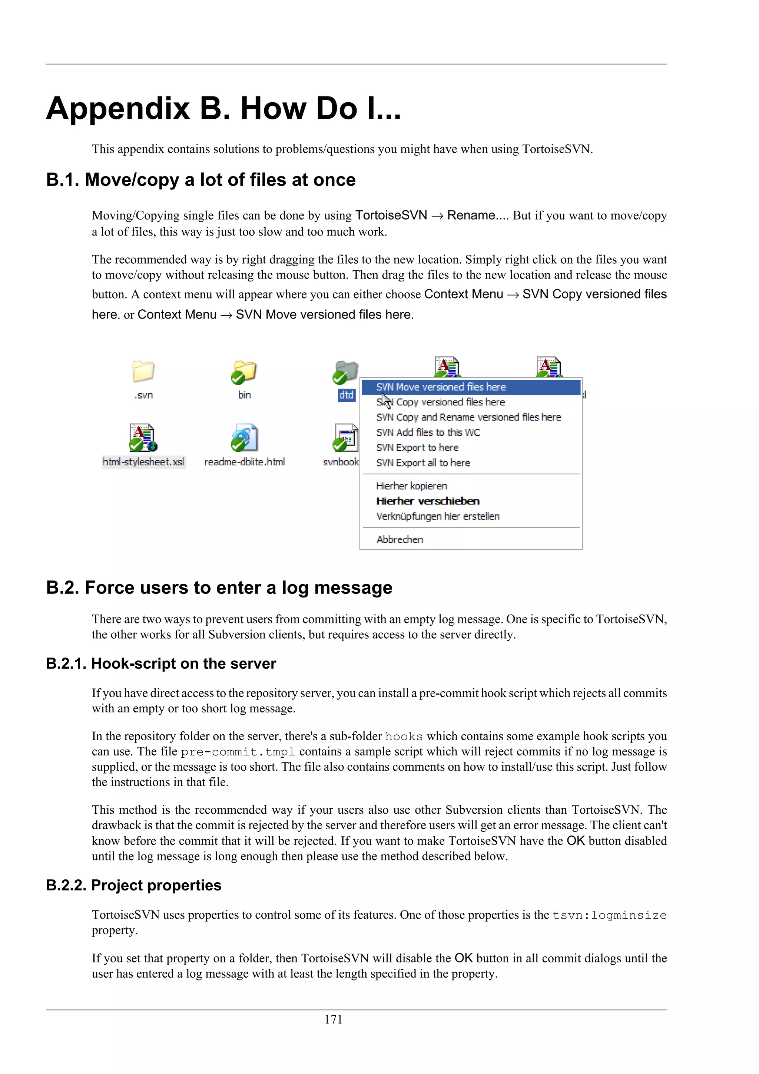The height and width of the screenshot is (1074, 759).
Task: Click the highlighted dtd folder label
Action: (346, 395)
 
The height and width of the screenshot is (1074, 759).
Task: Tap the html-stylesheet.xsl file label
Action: (143, 462)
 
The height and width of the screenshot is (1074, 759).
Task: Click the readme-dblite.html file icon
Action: (245, 437)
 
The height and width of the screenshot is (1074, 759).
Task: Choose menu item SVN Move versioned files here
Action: (441, 387)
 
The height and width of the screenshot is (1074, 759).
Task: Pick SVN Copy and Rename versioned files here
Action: (468, 417)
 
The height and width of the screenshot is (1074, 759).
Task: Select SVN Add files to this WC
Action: (428, 432)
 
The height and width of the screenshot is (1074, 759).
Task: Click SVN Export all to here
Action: (423, 462)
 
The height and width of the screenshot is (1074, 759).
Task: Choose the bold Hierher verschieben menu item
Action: (428, 501)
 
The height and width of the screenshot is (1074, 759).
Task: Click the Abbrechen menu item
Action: (400, 539)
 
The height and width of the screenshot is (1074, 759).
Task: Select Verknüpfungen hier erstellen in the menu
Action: (437, 517)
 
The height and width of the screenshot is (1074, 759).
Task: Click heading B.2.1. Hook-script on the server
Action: (161, 663)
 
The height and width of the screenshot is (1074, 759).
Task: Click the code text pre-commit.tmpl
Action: (238, 752)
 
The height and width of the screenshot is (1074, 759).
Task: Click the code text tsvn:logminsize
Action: (609, 915)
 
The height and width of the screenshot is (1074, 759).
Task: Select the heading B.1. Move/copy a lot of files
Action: (200, 179)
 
